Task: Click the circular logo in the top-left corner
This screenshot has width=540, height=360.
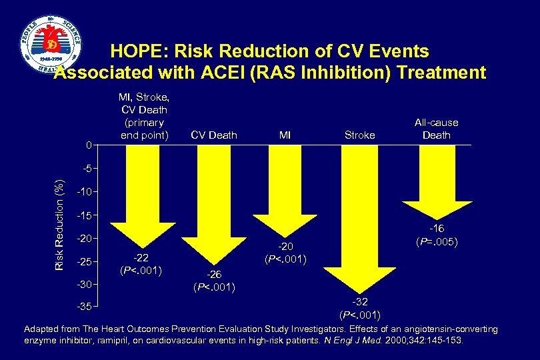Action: (50, 49)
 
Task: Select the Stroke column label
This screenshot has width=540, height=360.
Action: (359, 135)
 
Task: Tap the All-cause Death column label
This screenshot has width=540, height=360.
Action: (437, 129)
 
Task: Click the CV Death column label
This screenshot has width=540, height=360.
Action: (213, 135)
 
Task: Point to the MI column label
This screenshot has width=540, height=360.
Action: (285, 135)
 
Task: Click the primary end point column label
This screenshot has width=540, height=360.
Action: (143, 117)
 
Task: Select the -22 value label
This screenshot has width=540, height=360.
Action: (141, 259)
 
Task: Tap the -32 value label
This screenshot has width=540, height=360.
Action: (360, 302)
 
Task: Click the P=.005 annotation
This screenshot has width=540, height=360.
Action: (437, 241)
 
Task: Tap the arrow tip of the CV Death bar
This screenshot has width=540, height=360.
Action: (213, 263)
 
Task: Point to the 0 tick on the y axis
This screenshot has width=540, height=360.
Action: (88, 145)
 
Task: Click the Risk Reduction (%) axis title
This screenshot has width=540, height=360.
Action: (59, 215)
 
